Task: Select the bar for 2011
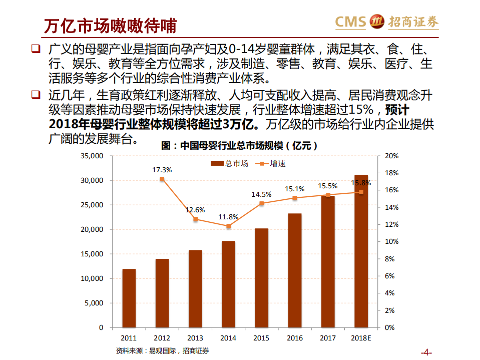click(x=129, y=298)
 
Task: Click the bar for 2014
click(x=228, y=284)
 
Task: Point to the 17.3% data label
click(x=162, y=170)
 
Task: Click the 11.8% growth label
click(x=228, y=217)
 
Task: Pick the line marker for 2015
click(x=261, y=203)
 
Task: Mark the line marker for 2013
click(x=195, y=219)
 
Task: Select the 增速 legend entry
click(x=271, y=164)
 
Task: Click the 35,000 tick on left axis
click(x=92, y=156)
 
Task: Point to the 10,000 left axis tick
click(x=92, y=278)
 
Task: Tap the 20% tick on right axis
click(x=391, y=156)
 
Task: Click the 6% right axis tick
click(x=390, y=276)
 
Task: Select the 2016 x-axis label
click(x=295, y=338)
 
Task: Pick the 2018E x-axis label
click(x=361, y=338)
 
